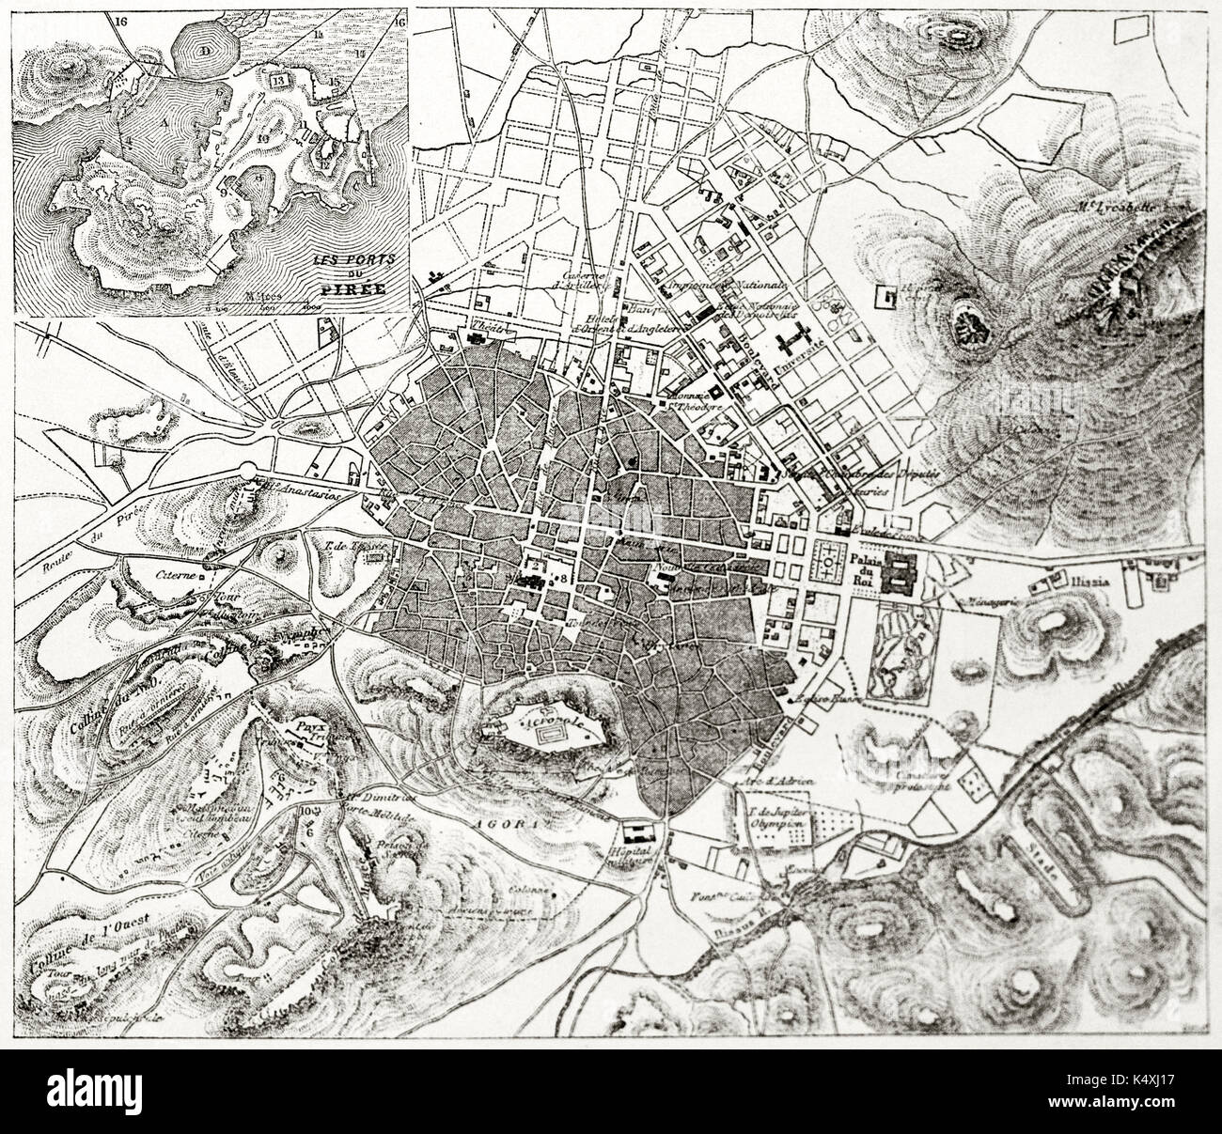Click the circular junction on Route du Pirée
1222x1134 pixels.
[x=248, y=471]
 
